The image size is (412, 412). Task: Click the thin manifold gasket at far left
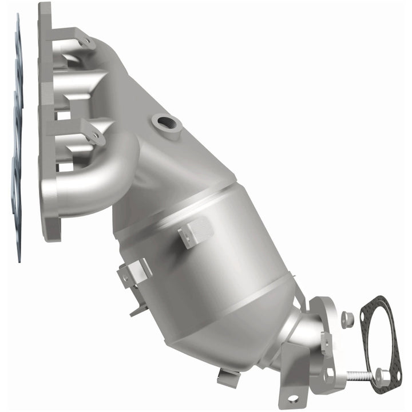click(x=17, y=143)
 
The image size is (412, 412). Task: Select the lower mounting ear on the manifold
click(x=94, y=135)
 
